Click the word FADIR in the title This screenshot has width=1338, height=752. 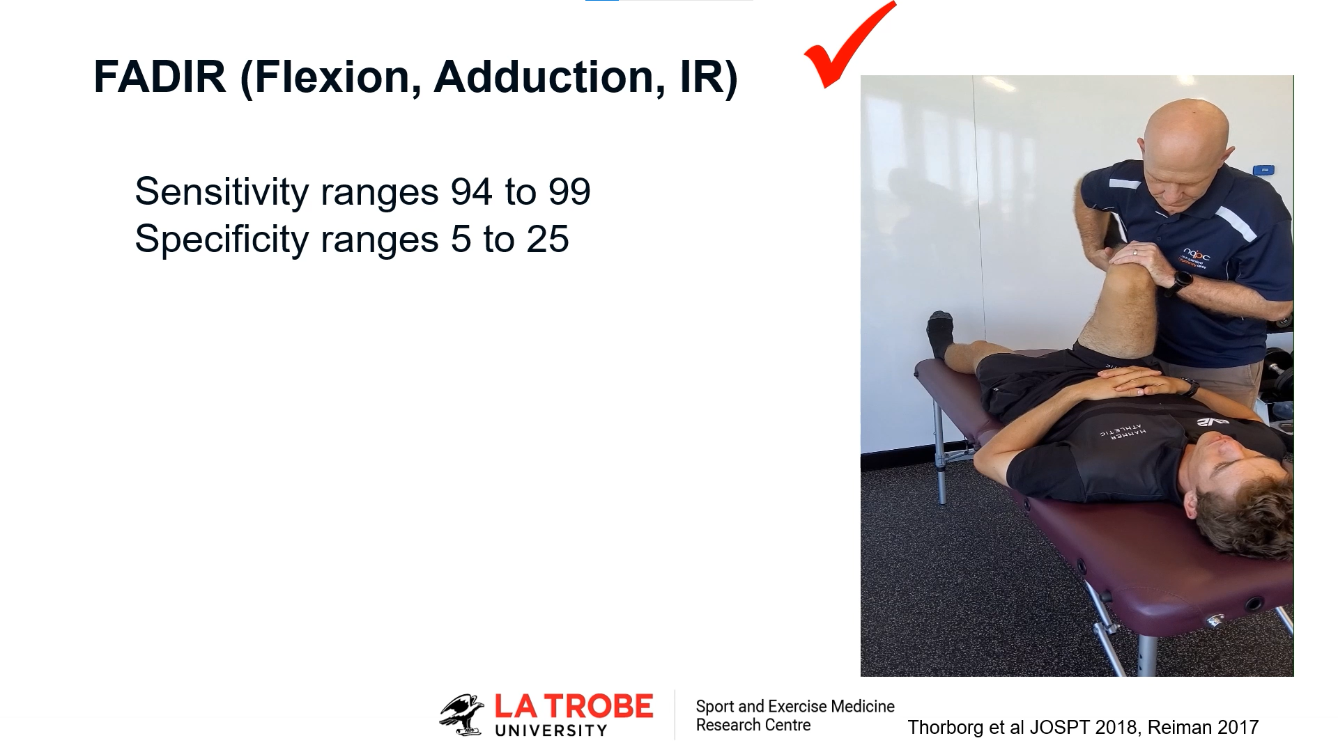(x=160, y=77)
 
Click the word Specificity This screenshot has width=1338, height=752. (x=222, y=240)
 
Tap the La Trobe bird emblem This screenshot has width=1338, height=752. (x=461, y=714)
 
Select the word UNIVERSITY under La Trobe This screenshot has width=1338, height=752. (x=551, y=730)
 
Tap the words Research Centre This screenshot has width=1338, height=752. (x=753, y=725)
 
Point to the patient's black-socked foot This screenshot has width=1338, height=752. (x=939, y=334)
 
